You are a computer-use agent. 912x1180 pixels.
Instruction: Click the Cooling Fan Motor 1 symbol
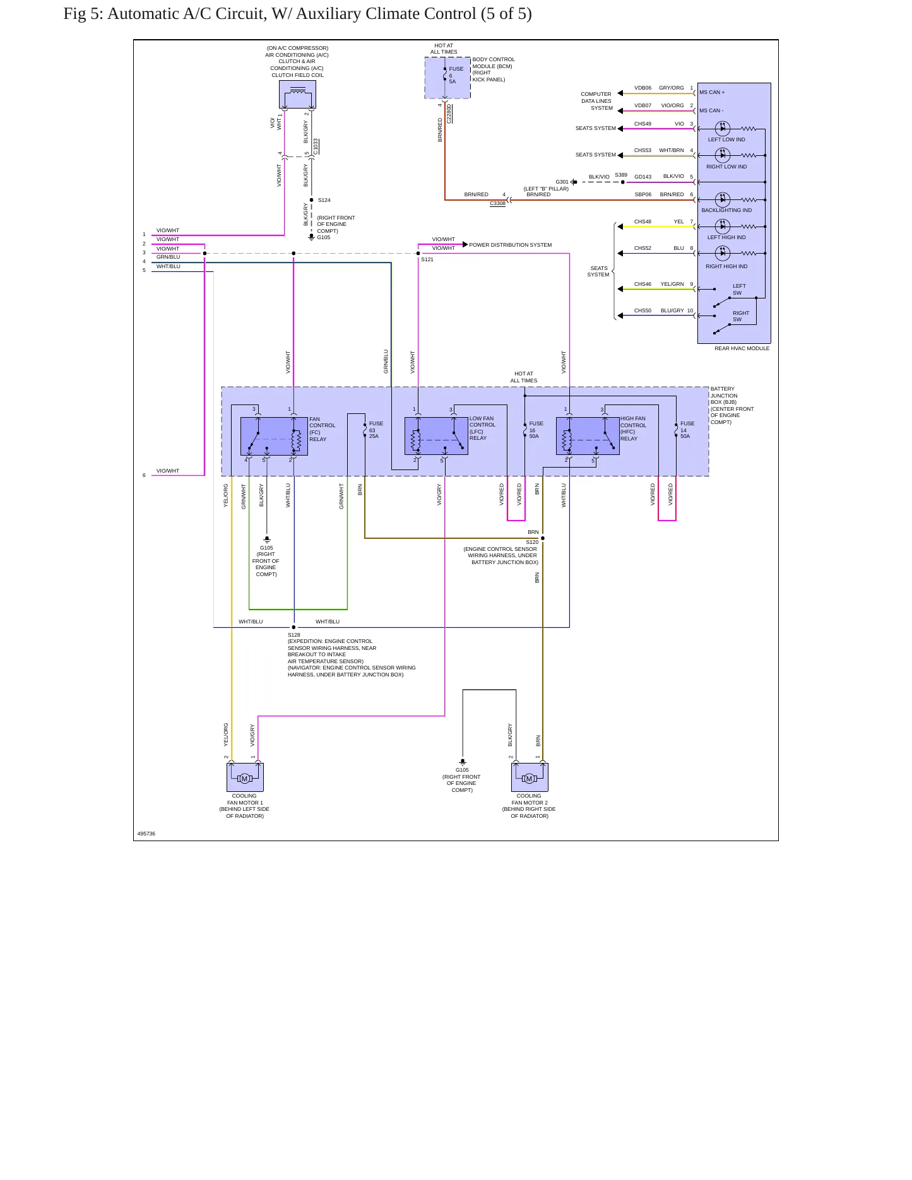click(245, 777)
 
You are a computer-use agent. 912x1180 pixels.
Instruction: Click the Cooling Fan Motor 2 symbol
click(530, 777)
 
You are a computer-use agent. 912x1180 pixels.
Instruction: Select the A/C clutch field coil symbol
click(297, 95)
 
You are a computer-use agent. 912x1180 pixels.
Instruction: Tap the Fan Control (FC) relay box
click(274, 436)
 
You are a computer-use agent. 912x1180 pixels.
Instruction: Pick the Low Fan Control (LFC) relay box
click(436, 435)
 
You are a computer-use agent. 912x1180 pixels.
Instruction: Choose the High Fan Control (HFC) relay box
click(588, 435)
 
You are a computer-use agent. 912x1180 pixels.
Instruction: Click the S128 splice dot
click(293, 627)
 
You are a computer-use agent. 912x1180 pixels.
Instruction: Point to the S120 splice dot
click(543, 538)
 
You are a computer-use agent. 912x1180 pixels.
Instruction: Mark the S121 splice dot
click(418, 254)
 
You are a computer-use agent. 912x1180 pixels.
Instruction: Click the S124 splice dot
click(312, 200)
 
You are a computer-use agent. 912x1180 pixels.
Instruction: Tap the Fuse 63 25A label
click(376, 430)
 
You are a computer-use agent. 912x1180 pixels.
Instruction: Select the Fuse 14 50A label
click(687, 430)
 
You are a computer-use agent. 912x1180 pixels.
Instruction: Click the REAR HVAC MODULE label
click(742, 348)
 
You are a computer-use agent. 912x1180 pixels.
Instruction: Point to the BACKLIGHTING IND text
click(726, 210)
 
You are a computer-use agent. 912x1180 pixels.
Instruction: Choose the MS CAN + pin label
click(712, 92)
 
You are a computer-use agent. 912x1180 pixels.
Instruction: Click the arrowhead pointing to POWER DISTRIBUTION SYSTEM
click(465, 244)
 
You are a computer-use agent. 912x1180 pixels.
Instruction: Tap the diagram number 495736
click(146, 834)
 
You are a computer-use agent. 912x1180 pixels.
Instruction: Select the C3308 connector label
click(497, 203)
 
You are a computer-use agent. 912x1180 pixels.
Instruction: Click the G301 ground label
click(562, 182)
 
